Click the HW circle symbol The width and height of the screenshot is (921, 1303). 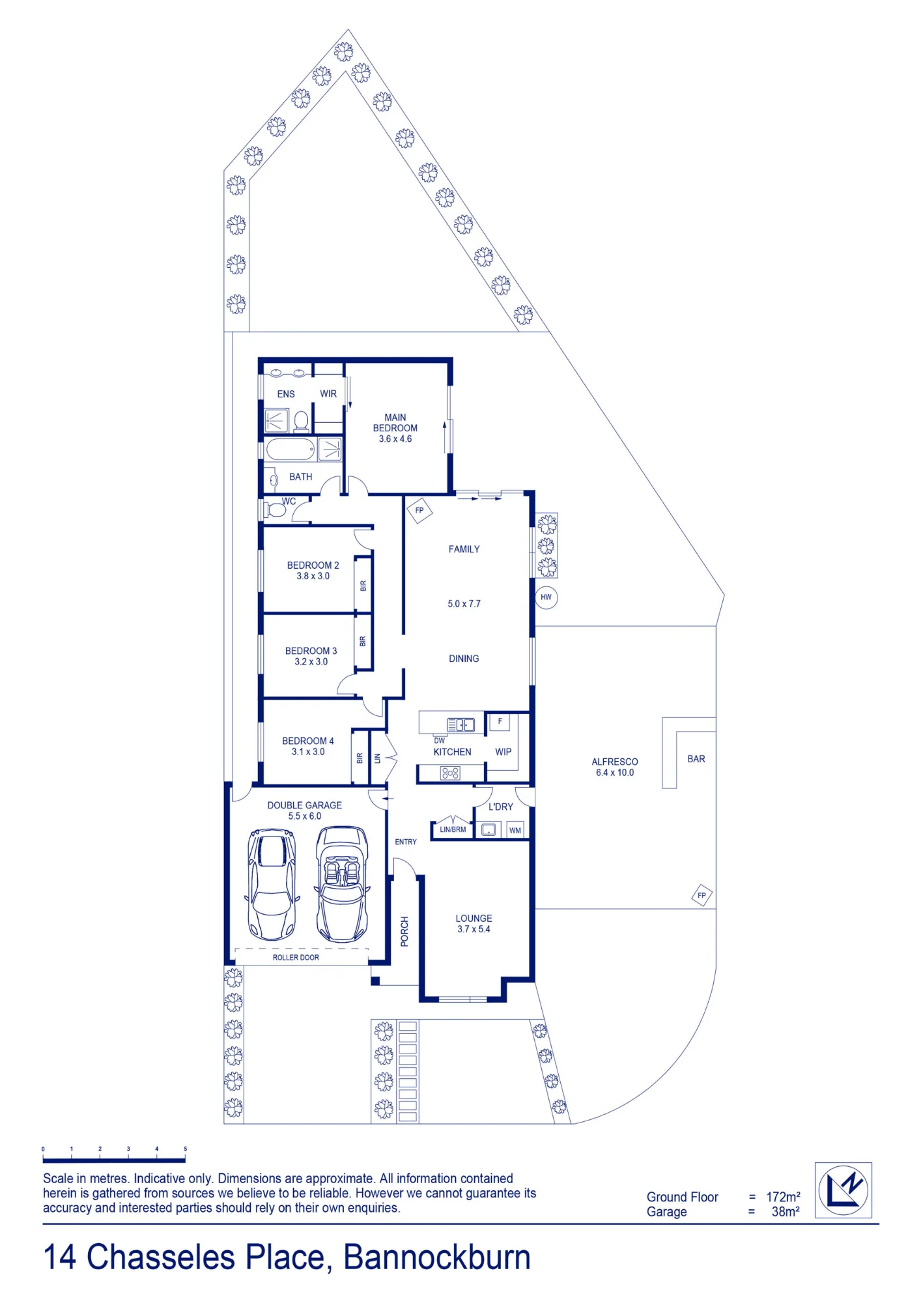(x=546, y=597)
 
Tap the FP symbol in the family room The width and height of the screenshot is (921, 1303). (x=419, y=510)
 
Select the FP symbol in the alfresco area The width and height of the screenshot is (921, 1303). (x=701, y=895)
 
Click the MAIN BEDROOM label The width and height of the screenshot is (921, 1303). (x=395, y=423)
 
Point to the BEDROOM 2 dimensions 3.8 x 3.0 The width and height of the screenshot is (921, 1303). (x=313, y=576)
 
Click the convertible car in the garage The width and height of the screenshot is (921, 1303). (x=342, y=884)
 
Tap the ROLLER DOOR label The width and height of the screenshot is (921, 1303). (x=296, y=957)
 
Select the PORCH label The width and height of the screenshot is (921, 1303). (x=404, y=931)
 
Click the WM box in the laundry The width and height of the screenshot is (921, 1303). (x=515, y=830)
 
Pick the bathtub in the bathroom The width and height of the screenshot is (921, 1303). (x=290, y=450)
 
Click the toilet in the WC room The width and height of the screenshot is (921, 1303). (x=274, y=509)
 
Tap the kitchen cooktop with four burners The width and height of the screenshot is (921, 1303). (x=450, y=773)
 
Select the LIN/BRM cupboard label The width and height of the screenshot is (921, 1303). (x=453, y=829)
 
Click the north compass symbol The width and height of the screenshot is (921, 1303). (x=843, y=1190)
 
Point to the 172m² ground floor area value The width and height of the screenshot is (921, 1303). (x=783, y=1197)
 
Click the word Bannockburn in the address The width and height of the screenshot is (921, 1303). (x=436, y=1257)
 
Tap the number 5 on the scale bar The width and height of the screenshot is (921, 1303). (x=185, y=1149)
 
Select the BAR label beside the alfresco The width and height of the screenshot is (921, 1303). (x=696, y=759)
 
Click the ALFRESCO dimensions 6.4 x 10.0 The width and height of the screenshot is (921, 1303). (x=614, y=773)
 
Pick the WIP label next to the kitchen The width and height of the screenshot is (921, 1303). (x=503, y=751)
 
